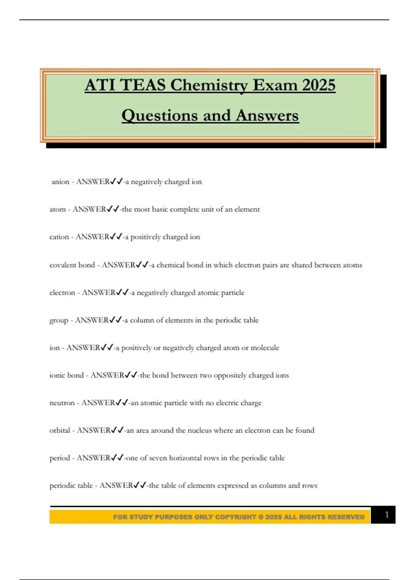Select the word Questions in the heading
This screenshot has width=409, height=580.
point(160,115)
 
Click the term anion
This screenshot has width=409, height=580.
point(60,182)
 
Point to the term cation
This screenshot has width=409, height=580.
point(59,237)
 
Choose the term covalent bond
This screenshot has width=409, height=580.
point(72,265)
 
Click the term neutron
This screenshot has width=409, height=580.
point(62,403)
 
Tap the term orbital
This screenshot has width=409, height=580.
point(60,431)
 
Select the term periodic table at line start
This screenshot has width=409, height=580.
point(71,485)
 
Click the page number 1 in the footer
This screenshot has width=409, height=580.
point(387,514)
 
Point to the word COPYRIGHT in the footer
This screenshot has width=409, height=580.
point(236,517)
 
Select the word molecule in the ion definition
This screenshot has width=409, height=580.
point(265,348)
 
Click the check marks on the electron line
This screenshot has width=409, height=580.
point(122,292)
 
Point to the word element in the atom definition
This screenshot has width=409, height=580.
point(247,209)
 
